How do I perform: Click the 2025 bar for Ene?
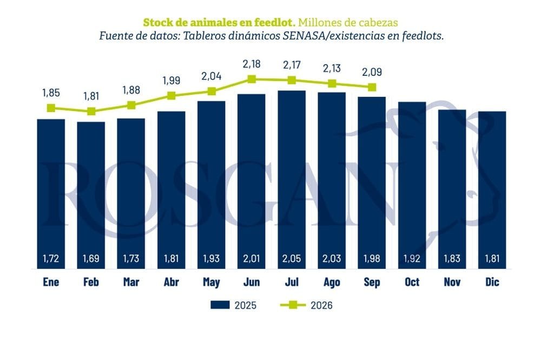click(51, 194)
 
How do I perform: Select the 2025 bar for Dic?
click(492, 190)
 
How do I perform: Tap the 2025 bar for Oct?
click(412, 185)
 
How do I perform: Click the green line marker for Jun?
click(252, 79)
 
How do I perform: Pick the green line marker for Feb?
click(91, 111)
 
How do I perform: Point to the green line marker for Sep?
click(372, 87)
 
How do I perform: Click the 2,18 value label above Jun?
click(252, 64)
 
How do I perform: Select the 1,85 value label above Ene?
click(51, 93)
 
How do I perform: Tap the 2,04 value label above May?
click(212, 76)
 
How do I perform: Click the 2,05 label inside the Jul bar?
click(292, 259)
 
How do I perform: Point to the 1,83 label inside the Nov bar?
click(452, 259)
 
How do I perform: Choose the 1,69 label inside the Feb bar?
click(91, 259)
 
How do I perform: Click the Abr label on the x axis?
click(172, 282)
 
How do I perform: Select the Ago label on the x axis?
click(332, 282)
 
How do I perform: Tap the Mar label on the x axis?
click(131, 282)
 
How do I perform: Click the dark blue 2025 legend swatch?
click(220, 305)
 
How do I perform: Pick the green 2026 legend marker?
click(293, 305)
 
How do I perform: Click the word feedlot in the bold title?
click(274, 22)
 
